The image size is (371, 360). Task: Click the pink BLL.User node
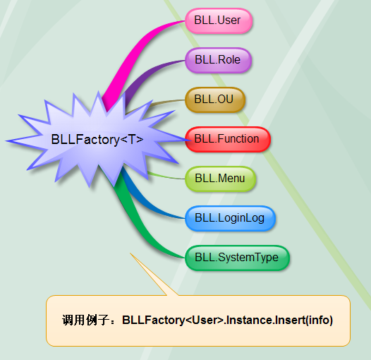(x=219, y=20)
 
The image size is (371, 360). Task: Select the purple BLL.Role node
(x=218, y=60)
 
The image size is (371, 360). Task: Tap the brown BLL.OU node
(x=215, y=100)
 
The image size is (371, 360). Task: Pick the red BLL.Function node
(x=228, y=139)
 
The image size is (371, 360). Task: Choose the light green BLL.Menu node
(x=220, y=179)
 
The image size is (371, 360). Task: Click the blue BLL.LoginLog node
(x=230, y=218)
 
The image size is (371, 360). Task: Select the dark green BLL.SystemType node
(x=237, y=258)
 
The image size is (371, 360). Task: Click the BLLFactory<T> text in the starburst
(x=97, y=139)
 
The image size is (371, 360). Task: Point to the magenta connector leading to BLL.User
(x=133, y=54)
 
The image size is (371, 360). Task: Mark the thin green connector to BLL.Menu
(x=166, y=176)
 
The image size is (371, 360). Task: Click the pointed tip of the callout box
(x=130, y=253)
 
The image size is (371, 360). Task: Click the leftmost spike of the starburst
(x=6, y=141)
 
